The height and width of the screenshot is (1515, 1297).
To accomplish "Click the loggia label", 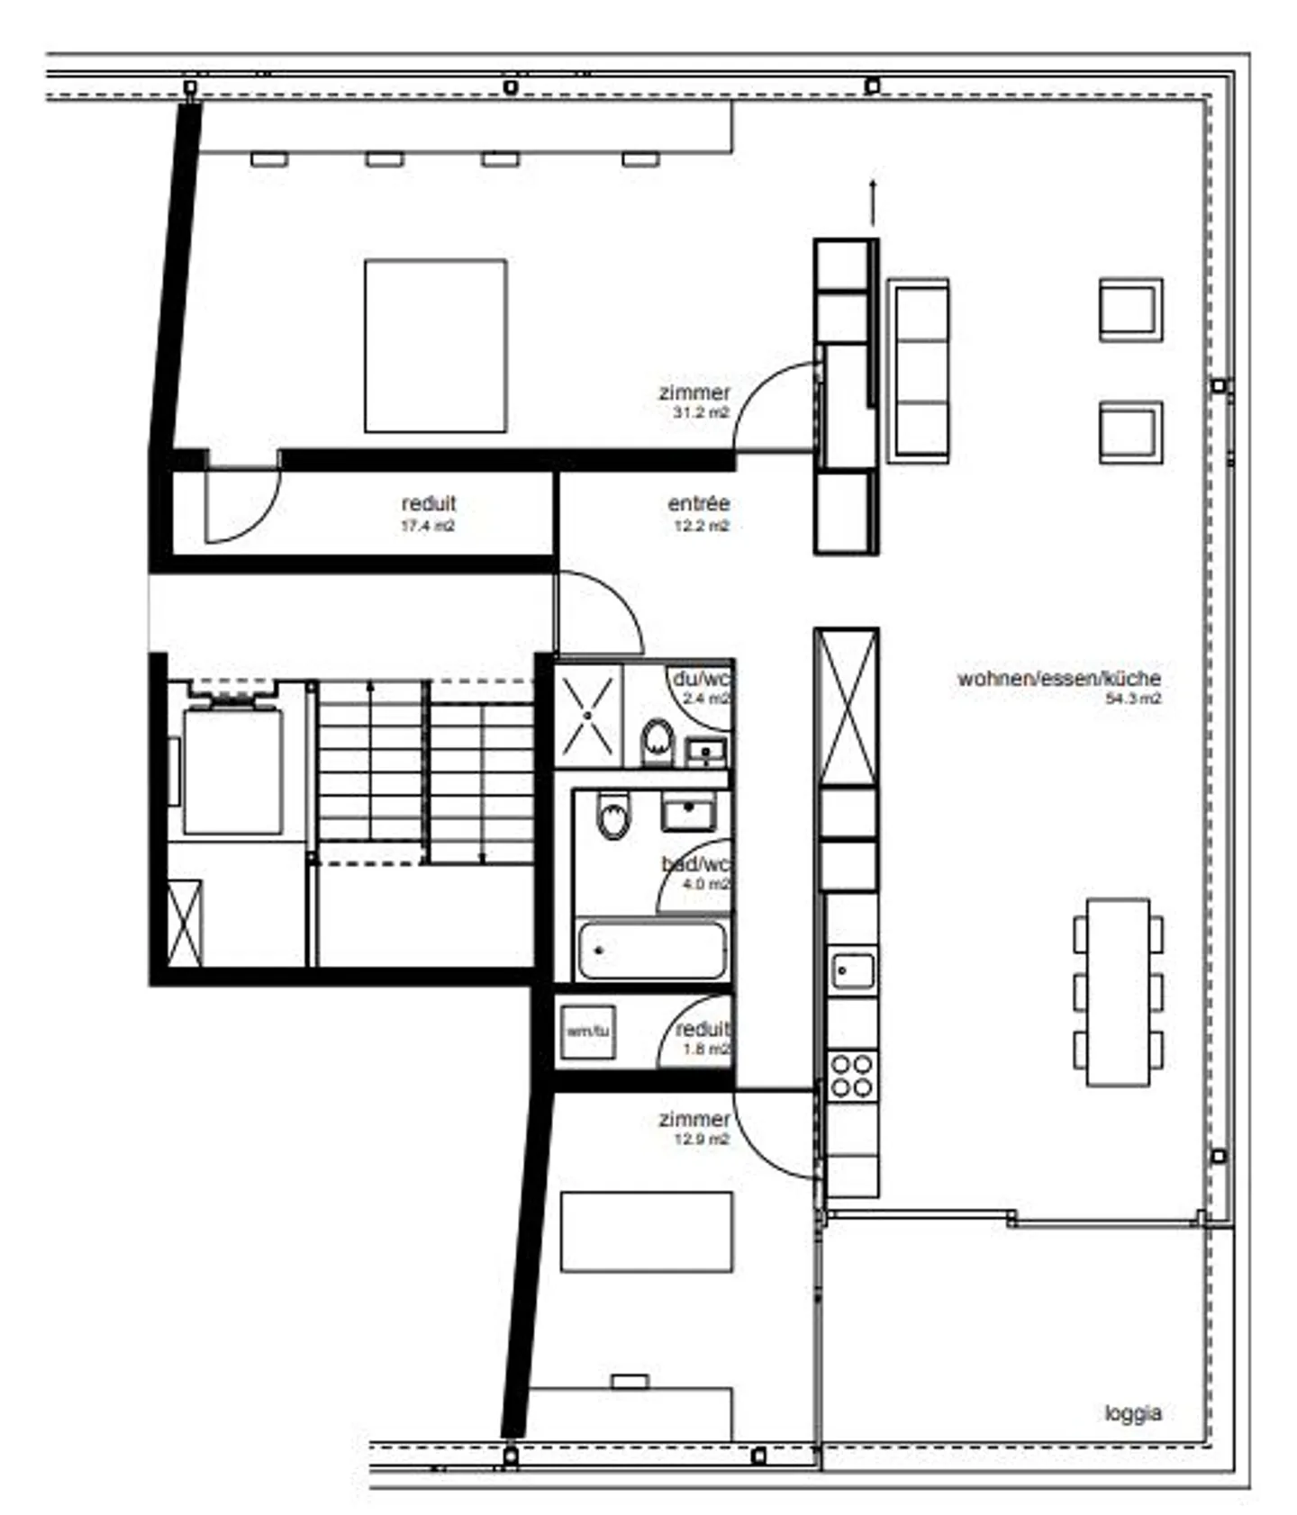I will coord(1132,1412).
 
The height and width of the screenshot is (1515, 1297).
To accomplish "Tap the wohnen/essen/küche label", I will coord(1058,678).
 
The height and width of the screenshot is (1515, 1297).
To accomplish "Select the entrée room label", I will coord(698,503).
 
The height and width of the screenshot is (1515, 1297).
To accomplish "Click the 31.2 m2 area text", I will coord(700,413).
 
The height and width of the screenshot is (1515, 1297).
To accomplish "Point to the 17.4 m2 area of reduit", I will coord(428,526).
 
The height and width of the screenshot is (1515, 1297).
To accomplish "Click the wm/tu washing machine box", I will coord(588,1031).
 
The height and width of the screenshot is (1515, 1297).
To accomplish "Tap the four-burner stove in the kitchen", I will coord(851,1076).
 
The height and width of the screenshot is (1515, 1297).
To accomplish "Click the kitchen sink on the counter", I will coord(852,970).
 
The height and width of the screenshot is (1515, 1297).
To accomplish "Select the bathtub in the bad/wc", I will coord(651,950).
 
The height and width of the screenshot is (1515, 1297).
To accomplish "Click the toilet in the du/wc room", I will coord(658,742).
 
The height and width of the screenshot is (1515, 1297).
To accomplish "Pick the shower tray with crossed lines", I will coord(588,715).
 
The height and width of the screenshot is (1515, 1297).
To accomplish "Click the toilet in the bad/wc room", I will coord(613,816).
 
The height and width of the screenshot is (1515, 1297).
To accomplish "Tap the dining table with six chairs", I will coord(1118,992).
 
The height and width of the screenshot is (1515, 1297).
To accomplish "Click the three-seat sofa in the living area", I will coord(918,371).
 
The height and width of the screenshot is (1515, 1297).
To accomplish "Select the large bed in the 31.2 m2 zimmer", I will coord(435,346).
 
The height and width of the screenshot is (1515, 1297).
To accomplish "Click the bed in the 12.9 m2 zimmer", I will coord(646,1231).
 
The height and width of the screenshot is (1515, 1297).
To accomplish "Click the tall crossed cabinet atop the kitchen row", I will coord(846,707).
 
